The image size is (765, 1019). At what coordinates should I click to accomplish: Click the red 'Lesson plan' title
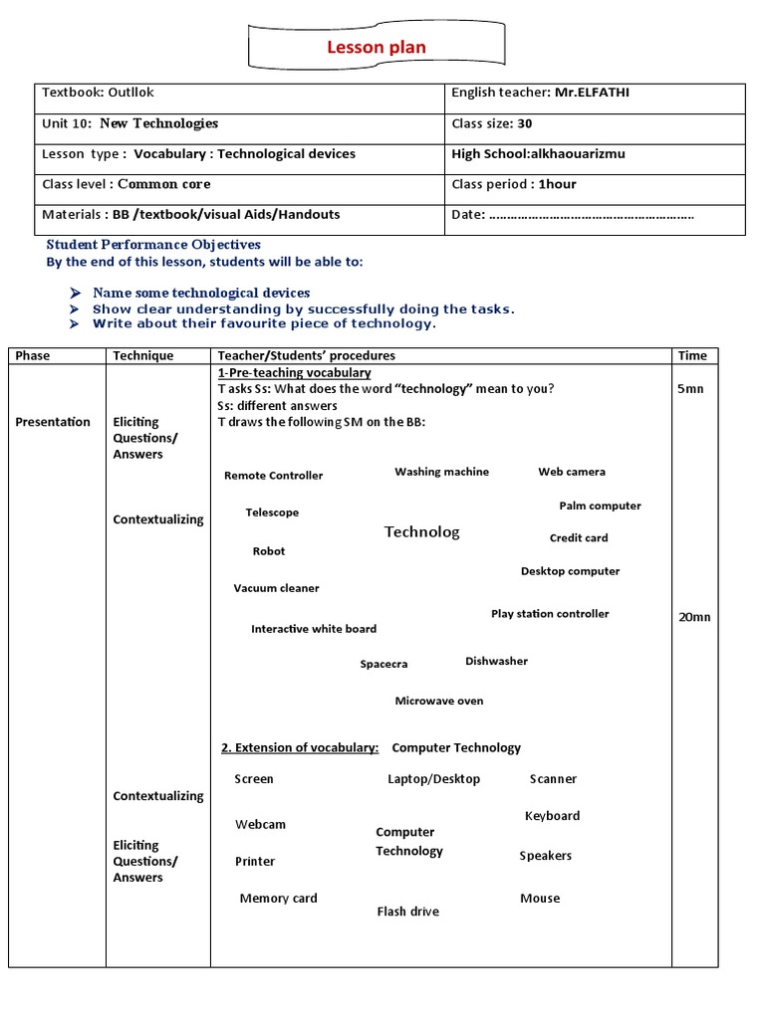tap(377, 48)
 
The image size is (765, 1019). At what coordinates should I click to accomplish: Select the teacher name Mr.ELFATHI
tap(594, 93)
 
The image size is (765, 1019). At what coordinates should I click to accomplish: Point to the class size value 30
tap(525, 123)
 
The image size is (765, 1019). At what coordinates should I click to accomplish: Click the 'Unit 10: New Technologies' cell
tap(129, 123)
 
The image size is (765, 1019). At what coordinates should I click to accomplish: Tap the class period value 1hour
tap(558, 184)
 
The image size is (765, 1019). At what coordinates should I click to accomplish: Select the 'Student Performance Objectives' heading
tap(153, 245)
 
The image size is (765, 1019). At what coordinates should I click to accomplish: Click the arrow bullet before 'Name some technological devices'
tap(76, 294)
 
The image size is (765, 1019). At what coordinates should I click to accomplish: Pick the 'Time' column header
tap(692, 355)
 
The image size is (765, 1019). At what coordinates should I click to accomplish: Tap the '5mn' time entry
tap(690, 388)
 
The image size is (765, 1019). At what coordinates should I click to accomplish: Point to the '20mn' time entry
tap(694, 617)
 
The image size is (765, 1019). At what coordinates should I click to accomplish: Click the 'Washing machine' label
tap(441, 472)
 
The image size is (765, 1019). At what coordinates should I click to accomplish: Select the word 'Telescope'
tap(272, 512)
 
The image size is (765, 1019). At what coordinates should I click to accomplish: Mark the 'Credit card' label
tap(579, 538)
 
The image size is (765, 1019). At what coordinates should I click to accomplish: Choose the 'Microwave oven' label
tap(439, 701)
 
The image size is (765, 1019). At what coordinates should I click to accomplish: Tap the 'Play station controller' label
tap(550, 614)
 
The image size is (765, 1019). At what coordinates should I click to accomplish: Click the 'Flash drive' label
tap(407, 912)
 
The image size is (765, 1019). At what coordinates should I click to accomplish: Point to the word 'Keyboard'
tap(552, 816)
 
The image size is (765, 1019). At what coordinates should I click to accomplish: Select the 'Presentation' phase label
tap(53, 422)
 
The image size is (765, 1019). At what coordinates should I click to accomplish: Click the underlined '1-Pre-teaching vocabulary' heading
tap(294, 372)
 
